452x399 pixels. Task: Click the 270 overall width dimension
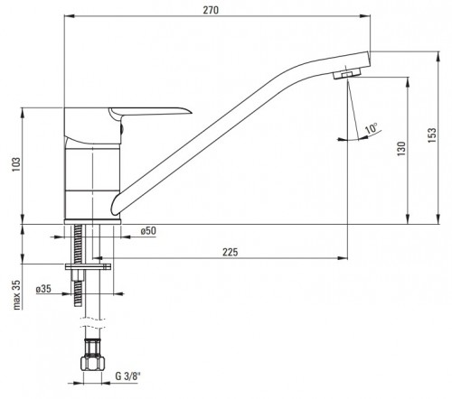coord(211,10)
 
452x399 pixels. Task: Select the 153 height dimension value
coord(432,135)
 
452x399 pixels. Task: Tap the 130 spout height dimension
coord(401,149)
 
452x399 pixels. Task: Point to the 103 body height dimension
coord(16,164)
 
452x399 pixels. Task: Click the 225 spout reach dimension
coord(231,252)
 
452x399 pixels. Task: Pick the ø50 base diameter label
coord(148,231)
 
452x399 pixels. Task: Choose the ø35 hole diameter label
coord(43,289)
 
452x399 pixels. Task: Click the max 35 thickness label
coord(17,295)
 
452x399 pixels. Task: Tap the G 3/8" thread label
coord(128,376)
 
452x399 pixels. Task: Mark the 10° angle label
coord(372,128)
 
